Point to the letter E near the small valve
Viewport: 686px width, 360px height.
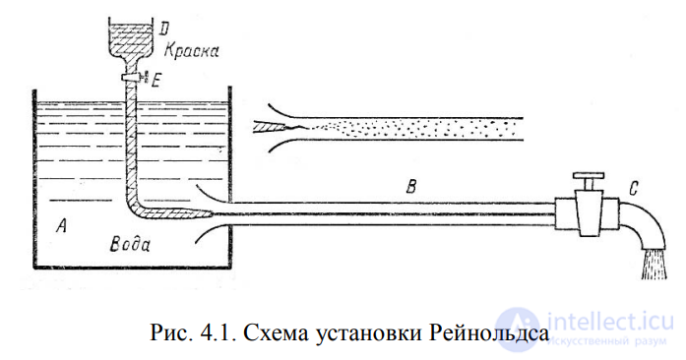pyautogui.click(x=157, y=81)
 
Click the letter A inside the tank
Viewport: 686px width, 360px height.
pyautogui.click(x=61, y=227)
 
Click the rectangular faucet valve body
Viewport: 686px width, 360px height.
pyautogui.click(x=589, y=213)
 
